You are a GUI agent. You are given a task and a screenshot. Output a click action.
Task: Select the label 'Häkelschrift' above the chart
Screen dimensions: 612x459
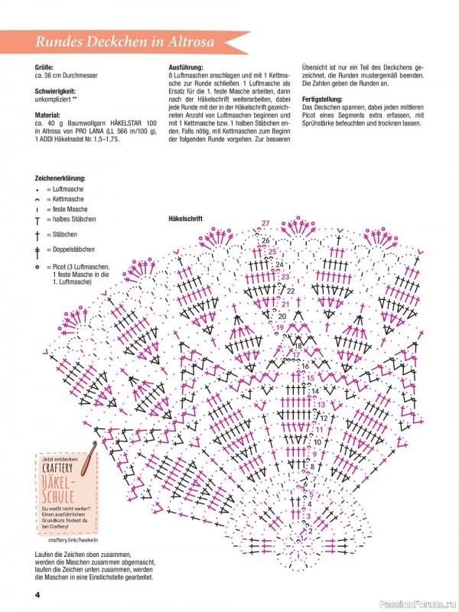[x=185, y=218]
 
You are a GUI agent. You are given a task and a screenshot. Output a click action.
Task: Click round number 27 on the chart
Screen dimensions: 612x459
[x=265, y=223]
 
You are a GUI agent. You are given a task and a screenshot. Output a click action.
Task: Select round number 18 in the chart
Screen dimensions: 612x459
[x=298, y=345]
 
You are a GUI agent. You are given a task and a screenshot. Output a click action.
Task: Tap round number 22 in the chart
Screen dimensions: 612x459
[x=291, y=291]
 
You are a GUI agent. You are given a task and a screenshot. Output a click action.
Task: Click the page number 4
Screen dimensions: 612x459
[x=36, y=595]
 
